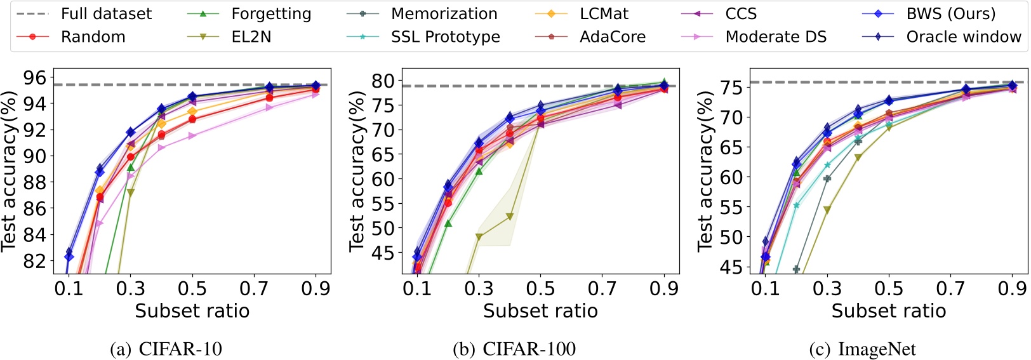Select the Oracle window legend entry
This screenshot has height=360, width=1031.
coord(963,37)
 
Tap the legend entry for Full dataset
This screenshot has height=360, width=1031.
coord(106,14)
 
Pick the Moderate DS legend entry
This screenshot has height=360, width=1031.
coord(776,37)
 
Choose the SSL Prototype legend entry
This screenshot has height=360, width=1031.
coord(445,37)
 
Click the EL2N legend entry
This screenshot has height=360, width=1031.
coord(251,37)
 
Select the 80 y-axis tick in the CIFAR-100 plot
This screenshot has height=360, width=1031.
coord(383,81)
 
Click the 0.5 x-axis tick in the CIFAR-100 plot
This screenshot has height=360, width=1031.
coord(540,289)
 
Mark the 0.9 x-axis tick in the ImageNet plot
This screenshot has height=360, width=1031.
coord(1012,289)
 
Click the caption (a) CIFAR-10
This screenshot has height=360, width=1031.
coord(166,349)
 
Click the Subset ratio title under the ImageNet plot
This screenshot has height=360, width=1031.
coord(888,311)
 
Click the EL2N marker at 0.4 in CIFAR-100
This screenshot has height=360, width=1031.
coord(510,217)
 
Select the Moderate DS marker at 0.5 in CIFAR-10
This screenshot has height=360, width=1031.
coord(192,135)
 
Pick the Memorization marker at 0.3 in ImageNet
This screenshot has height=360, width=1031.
coord(827,178)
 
